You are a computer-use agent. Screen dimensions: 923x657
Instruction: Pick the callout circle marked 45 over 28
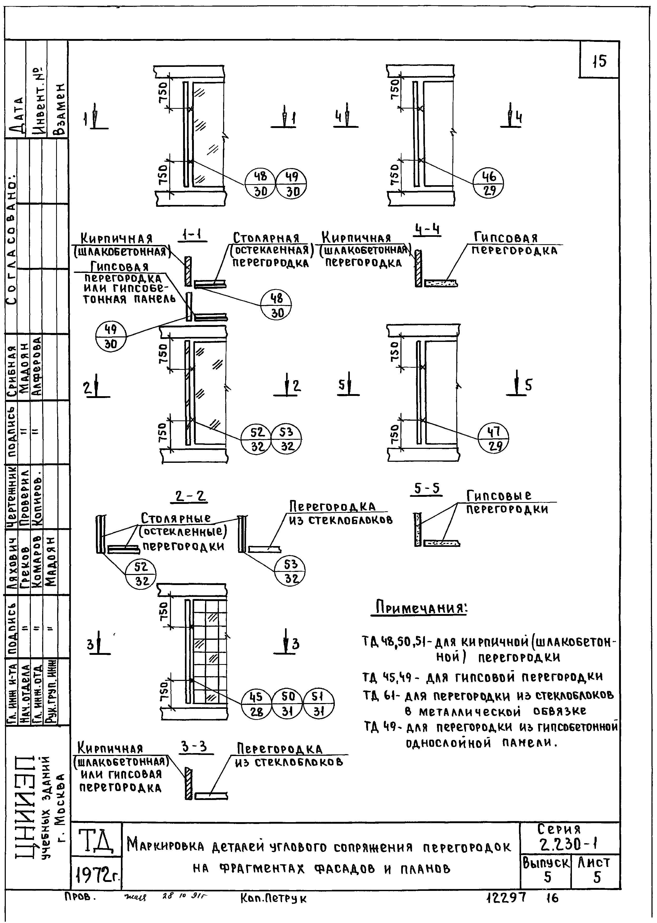tap(257, 704)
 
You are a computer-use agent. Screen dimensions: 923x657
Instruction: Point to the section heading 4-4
tap(427, 230)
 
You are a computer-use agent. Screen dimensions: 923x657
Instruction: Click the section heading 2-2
tap(190, 496)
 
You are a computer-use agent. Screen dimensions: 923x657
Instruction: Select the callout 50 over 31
tap(287, 704)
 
